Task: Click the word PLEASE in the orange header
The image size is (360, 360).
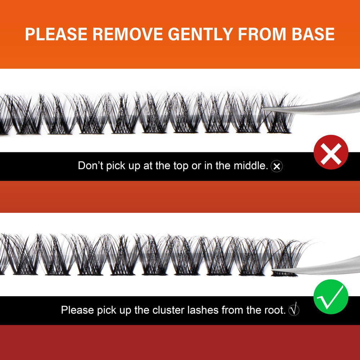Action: click(x=56, y=34)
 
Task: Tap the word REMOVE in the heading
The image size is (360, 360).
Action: click(x=128, y=34)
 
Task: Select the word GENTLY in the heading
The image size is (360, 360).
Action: click(x=201, y=34)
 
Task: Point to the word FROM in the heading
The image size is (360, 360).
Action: click(x=262, y=34)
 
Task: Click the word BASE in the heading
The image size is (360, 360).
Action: click(x=313, y=34)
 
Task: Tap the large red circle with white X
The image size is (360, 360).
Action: click(x=331, y=152)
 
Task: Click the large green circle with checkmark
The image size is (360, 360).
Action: click(x=331, y=297)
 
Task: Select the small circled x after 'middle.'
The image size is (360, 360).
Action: click(x=276, y=166)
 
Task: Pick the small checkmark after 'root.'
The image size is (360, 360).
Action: click(x=294, y=309)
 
